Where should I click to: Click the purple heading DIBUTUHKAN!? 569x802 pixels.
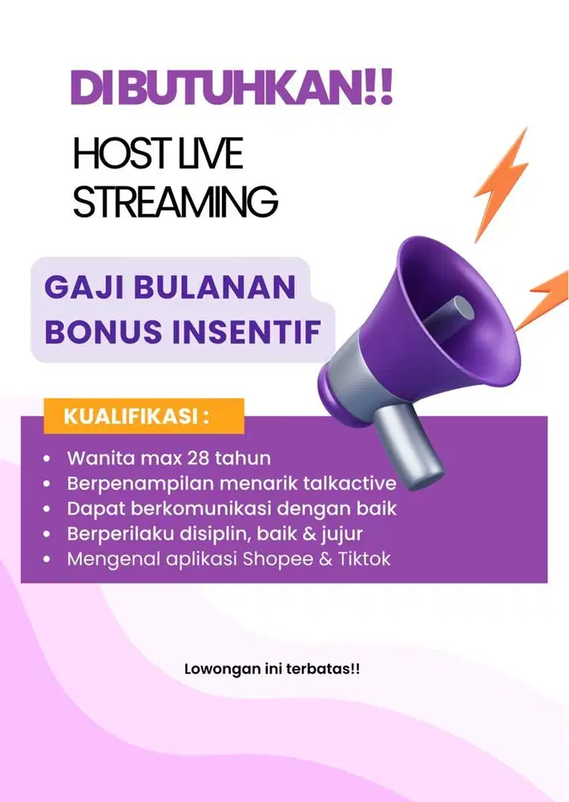[x=232, y=88]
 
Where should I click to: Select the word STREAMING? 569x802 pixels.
[x=176, y=201]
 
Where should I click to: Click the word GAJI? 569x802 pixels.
[x=84, y=286]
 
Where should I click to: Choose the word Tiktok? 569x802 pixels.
[x=364, y=558]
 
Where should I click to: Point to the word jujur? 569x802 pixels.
[x=342, y=534]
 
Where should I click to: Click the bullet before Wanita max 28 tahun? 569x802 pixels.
[x=47, y=459]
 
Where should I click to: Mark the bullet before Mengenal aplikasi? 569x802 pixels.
[x=47, y=559]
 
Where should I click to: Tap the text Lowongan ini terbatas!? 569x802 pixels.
[x=272, y=669]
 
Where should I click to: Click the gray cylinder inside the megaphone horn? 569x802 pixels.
[x=450, y=314]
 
